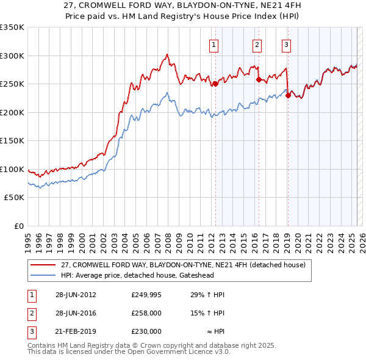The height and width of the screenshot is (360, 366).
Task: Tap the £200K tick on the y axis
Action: point(12,112)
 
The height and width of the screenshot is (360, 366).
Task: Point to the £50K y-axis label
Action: point(14,198)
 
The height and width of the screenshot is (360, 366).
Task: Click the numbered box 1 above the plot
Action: point(215,44)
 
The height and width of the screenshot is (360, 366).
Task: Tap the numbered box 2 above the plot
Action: point(257,44)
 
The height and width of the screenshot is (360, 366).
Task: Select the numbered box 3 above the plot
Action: point(286,44)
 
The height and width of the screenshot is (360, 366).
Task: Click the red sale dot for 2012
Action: point(215,84)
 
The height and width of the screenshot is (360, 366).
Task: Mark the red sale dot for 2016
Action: point(258,79)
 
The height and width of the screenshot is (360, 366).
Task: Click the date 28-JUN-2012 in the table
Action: point(76,295)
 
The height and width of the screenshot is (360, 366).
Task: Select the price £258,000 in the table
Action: point(146,313)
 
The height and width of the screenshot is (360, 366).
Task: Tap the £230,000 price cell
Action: point(146,331)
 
